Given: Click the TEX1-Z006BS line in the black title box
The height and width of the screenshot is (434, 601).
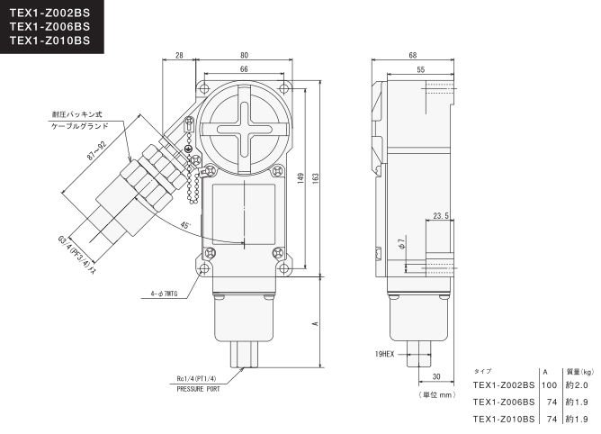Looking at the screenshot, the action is point(49,26).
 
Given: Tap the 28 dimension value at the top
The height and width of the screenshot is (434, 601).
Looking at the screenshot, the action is point(179,55).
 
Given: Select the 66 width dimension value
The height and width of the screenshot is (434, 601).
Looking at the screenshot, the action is point(244,69).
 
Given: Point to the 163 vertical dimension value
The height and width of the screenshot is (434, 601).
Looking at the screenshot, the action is point(316,177).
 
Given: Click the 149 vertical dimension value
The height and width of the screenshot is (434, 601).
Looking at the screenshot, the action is point(300,178).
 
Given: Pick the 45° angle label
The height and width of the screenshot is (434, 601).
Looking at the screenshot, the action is point(185,225).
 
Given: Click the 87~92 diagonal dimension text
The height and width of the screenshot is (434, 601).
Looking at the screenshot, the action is point(96,150).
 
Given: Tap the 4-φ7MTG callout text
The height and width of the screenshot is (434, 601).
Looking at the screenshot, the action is point(164,294).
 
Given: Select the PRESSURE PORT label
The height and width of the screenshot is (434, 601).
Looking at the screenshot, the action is point(198,389).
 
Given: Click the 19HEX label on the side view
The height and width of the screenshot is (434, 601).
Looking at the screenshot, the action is point(384,354).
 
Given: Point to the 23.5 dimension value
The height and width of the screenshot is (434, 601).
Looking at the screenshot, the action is point(441,216).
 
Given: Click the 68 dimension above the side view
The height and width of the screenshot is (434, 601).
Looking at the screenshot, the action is point(412,55).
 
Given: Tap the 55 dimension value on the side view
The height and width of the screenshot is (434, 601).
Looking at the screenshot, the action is point(421,69).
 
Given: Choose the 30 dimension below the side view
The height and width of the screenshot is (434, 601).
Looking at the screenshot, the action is point(436,377).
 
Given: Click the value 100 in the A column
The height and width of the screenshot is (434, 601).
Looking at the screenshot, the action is point(549,384).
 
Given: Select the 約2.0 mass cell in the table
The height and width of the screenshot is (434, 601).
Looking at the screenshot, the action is point(577,384).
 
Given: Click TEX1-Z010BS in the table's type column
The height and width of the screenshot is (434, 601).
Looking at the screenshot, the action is point(504,419).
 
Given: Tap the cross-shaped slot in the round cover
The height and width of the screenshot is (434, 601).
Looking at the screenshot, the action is point(244,129).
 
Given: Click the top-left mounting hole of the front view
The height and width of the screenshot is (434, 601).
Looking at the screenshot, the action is point(204,89).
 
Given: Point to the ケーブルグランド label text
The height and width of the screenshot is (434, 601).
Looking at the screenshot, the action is point(80,126).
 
